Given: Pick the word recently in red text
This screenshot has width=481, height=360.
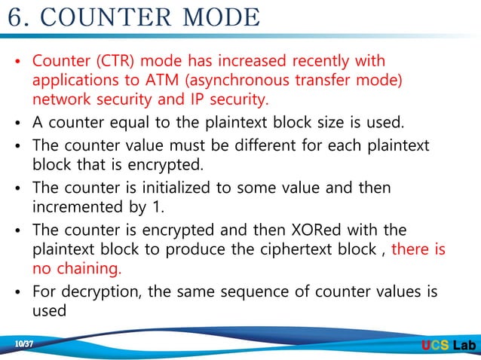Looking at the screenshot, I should tap(296, 60).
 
